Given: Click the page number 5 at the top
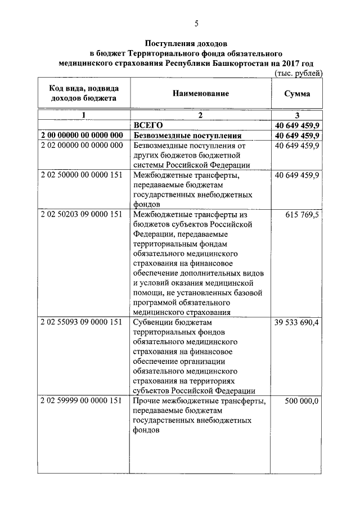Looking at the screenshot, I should point(196,23).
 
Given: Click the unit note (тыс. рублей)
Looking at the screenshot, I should point(299,73).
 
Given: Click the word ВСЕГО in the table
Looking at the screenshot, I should point(148,125).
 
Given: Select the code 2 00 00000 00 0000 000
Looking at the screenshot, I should point(82,136).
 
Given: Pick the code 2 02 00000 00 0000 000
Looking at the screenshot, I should point(82,146).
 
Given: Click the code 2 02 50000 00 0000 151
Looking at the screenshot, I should point(82,175).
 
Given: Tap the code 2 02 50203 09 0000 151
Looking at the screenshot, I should point(82,215).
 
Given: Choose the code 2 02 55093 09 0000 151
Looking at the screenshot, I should point(82,322).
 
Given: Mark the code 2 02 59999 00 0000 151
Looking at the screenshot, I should point(82,401).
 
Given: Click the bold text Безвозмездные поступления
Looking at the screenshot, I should point(188,136).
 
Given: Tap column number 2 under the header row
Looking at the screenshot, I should point(200,115).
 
